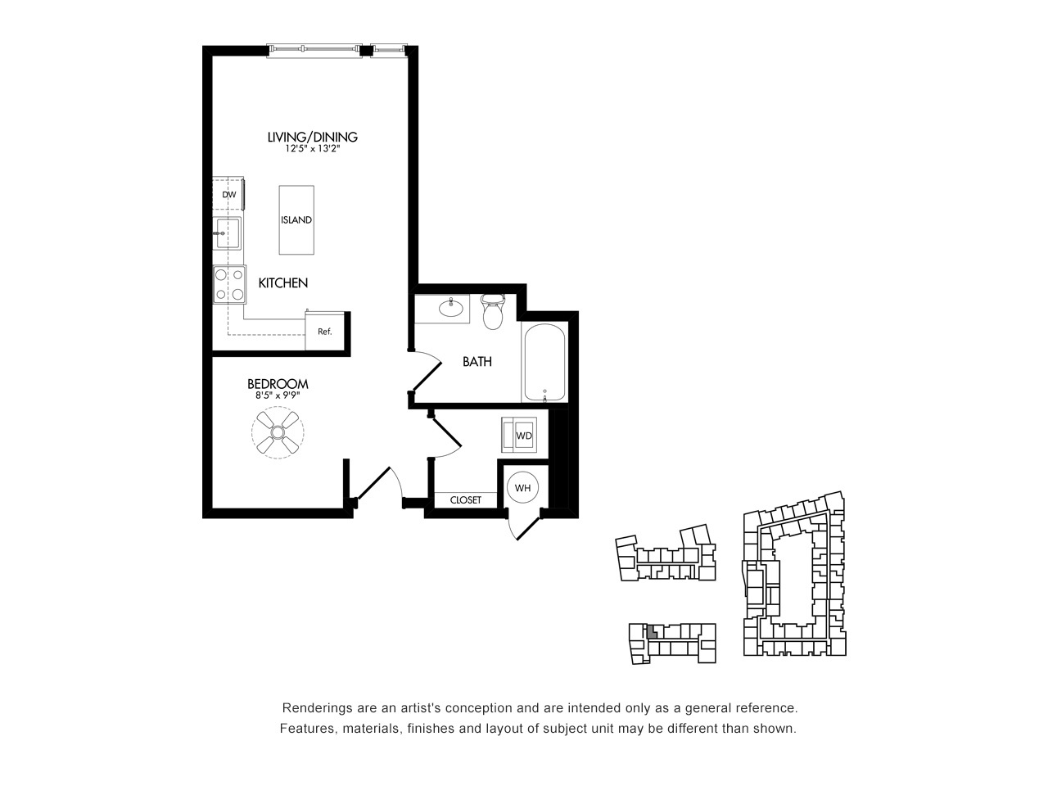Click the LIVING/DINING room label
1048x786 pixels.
click(312, 137)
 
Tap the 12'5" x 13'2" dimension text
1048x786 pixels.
click(312, 148)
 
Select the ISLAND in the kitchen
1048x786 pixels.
click(296, 220)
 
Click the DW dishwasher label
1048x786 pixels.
click(229, 195)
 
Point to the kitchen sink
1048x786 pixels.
click(228, 233)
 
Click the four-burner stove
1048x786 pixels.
click(229, 284)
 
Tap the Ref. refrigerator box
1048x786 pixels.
click(325, 331)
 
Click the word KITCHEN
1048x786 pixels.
click(283, 283)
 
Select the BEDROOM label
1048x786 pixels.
click(278, 384)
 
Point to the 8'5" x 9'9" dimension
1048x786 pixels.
click(278, 395)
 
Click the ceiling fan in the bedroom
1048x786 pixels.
click(278, 432)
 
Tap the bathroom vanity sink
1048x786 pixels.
click(450, 308)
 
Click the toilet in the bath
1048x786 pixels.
click(493, 312)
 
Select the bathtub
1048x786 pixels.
click(544, 363)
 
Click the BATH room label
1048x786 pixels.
click(477, 362)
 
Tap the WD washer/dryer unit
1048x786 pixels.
click(519, 435)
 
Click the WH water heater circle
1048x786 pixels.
click(523, 488)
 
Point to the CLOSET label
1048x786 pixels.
click(466, 500)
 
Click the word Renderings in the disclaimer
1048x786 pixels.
click(311, 708)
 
